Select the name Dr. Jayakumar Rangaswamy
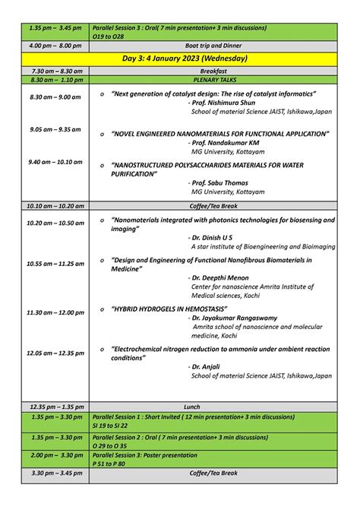coord(237,318)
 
